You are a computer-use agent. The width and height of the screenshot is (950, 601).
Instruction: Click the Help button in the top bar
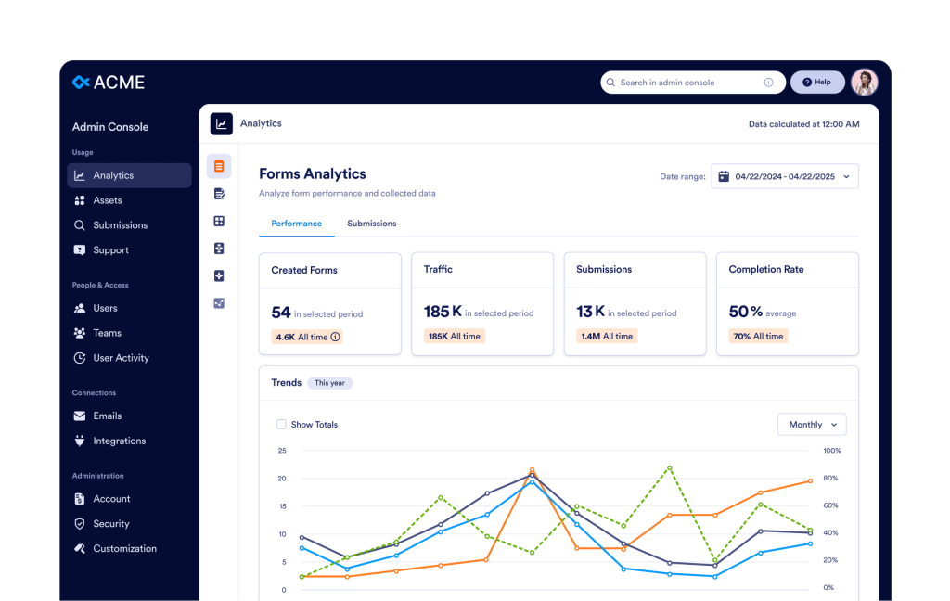pyautogui.click(x=817, y=83)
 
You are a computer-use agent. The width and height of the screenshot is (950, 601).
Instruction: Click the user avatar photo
pyautogui.click(x=865, y=83)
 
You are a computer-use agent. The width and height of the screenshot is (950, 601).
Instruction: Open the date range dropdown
pyautogui.click(x=785, y=176)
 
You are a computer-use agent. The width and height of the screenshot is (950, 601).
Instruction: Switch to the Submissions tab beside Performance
pyautogui.click(x=371, y=224)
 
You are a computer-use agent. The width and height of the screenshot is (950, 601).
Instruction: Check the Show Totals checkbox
pyautogui.click(x=281, y=425)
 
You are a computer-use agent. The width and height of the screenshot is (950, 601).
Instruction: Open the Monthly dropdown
pyautogui.click(x=812, y=425)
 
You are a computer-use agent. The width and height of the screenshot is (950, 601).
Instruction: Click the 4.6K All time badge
pyautogui.click(x=307, y=337)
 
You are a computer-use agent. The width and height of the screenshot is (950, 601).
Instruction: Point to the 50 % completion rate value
pyautogui.click(x=746, y=312)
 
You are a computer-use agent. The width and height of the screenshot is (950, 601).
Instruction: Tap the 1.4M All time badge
pyautogui.click(x=607, y=337)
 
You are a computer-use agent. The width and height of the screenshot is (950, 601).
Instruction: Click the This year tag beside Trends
pyautogui.click(x=329, y=383)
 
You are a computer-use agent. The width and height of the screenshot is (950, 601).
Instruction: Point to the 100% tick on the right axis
pyautogui.click(x=832, y=451)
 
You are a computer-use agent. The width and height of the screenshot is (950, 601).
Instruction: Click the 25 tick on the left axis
pyautogui.click(x=282, y=451)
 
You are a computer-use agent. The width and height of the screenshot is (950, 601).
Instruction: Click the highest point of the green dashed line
pyautogui.click(x=670, y=467)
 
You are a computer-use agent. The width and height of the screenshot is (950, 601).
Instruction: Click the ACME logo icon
pyautogui.click(x=81, y=82)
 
